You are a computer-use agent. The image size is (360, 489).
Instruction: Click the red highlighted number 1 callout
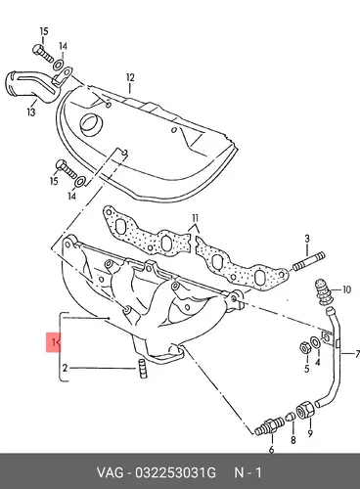coord(53,342)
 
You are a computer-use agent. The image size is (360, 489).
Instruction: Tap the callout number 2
coord(65,368)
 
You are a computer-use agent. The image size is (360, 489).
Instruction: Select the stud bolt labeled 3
coord(309,262)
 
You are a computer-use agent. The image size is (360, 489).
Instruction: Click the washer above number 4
coord(316,342)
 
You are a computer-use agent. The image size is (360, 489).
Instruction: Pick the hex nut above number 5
coord(304,348)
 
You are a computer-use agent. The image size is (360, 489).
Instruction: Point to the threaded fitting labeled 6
coord(268,425)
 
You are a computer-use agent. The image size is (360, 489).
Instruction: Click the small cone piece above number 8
coord(290,417)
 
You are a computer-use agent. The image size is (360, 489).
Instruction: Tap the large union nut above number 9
coord(305,410)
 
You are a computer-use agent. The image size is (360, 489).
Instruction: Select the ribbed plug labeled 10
coord(323,291)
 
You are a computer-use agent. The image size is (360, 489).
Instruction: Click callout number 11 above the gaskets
coord(195,218)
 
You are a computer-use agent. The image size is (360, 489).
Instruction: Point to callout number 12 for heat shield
coord(130,78)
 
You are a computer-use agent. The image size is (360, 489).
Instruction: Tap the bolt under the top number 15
coord(43,53)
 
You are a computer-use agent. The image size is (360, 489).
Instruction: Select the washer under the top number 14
coord(58,65)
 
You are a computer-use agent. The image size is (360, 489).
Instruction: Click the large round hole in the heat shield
coord(92,125)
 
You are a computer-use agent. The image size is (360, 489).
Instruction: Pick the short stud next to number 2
coord(142,369)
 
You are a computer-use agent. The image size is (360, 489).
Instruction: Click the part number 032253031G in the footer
coord(175,472)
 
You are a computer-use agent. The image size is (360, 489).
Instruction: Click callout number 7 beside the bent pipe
coord(357,354)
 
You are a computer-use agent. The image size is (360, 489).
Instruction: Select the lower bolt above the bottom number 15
coord(67,169)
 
